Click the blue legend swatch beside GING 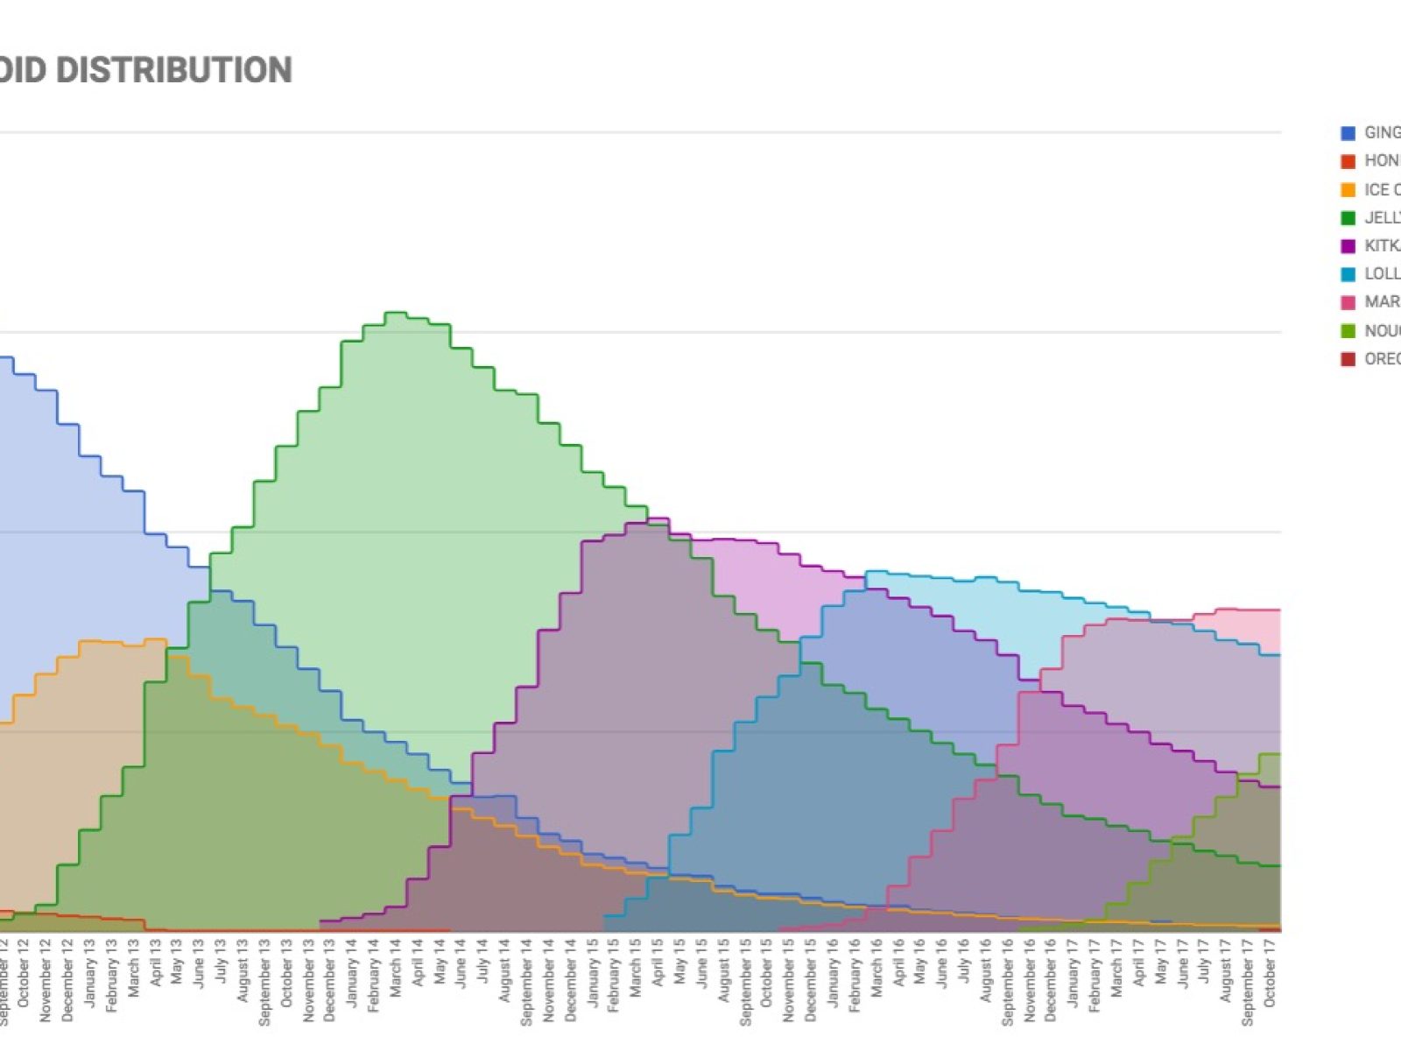[x=1348, y=133]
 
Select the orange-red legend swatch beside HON [x=1348, y=161]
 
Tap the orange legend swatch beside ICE [x=1348, y=190]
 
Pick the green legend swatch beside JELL [x=1348, y=218]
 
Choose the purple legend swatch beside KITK [x=1348, y=246]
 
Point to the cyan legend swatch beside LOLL [x=1348, y=274]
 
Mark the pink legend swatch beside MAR [x=1348, y=302]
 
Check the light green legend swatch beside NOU [x=1348, y=331]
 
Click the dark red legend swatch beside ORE [x=1348, y=359]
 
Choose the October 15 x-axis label [x=767, y=972]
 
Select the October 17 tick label [x=1270, y=972]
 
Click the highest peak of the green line [x=396, y=313]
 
